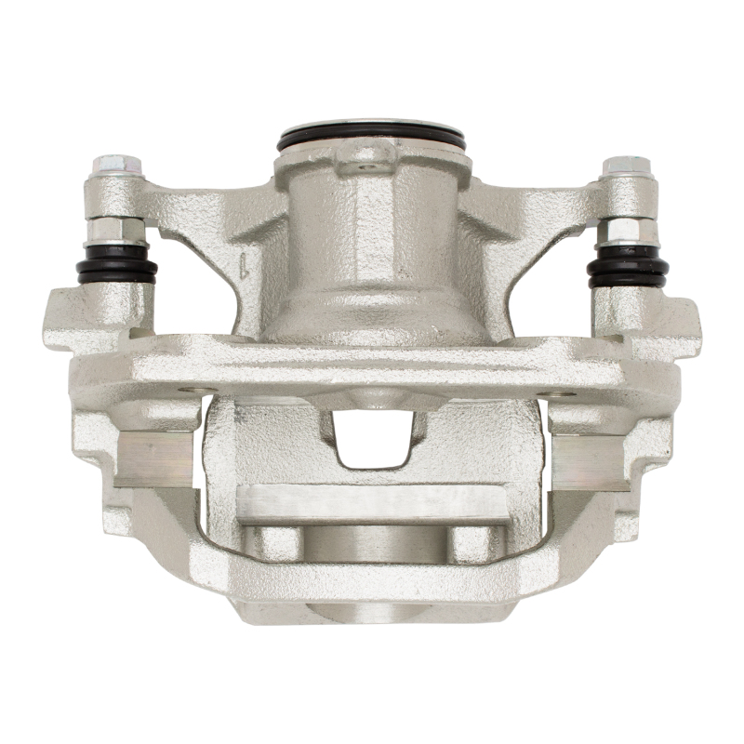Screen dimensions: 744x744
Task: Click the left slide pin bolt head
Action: [x=117, y=167]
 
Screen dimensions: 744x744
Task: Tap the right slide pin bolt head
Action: [x=625, y=168]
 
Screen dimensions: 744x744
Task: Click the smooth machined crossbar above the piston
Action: [x=372, y=503]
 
